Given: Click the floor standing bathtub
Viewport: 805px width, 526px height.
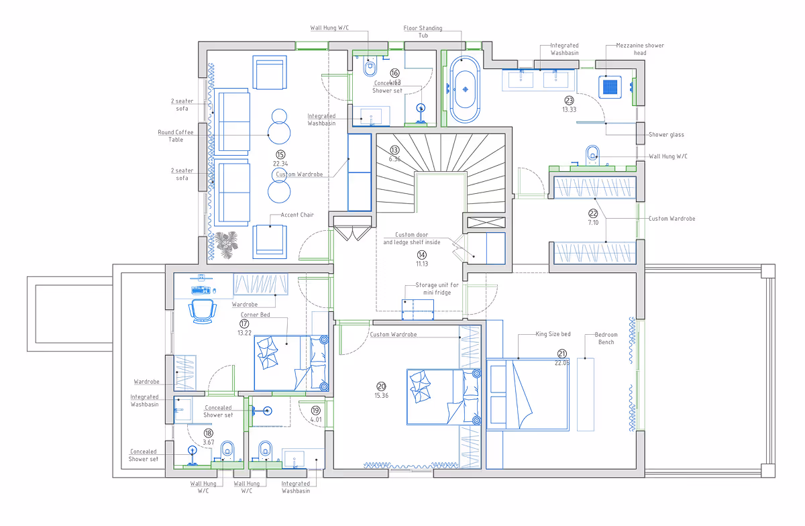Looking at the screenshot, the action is click(x=464, y=89).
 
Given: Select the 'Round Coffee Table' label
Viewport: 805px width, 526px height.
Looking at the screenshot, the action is click(x=175, y=136).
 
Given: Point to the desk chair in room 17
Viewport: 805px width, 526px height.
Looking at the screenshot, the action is click(x=203, y=311).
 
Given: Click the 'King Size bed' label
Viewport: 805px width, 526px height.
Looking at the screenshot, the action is click(x=553, y=333).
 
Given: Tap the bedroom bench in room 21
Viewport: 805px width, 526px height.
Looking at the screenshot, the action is click(x=586, y=394).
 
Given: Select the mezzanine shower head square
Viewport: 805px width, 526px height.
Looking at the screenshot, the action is click(x=610, y=86).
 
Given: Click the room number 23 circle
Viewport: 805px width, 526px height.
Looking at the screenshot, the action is click(x=570, y=101).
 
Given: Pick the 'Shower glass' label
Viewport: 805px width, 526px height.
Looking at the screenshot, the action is click(x=666, y=135).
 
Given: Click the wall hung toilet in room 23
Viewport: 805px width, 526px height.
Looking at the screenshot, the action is click(x=592, y=153).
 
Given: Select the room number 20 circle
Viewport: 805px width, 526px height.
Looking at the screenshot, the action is click(x=381, y=386).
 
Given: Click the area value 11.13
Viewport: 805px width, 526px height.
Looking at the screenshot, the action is click(x=421, y=264).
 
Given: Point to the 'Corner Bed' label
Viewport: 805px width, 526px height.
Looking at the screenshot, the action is click(x=256, y=314).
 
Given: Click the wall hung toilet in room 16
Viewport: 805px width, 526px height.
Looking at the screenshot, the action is click(x=368, y=68).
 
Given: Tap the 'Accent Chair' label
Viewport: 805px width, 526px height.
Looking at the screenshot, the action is click(x=298, y=215).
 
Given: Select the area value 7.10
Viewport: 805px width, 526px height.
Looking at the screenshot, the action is click(x=593, y=221).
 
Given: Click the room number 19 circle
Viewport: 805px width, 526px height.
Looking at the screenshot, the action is click(x=316, y=411).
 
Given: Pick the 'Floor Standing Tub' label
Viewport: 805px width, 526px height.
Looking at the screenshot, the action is click(x=423, y=32).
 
